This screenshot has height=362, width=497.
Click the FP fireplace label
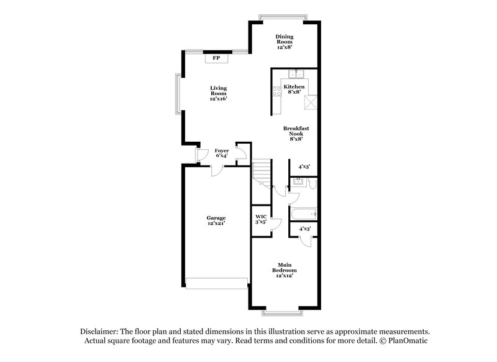pos(216,58)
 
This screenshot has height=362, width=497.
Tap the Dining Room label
pos(284,41)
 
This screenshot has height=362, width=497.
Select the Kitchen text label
pos(294,89)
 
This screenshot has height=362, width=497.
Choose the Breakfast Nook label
pos(296,134)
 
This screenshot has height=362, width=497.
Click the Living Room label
pos(217,93)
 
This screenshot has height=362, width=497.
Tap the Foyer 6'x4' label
pos(221,152)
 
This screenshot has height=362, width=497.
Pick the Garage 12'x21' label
pos(216,220)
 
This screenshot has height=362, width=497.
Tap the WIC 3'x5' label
pos(261,219)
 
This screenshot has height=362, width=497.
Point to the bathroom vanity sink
pos(298,182)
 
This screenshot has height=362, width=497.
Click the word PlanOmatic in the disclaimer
pos(408,341)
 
